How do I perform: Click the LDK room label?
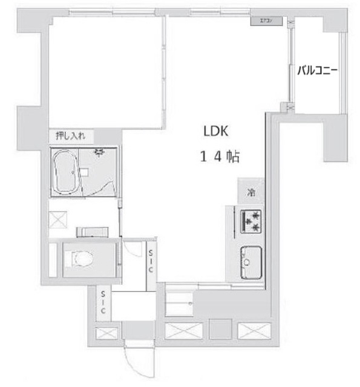point(214,131)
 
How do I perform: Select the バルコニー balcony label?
point(316,70)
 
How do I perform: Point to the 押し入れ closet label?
point(71,135)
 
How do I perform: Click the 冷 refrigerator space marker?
point(250,193)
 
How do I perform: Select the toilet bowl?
point(79,259)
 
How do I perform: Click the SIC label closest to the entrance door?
point(103,302)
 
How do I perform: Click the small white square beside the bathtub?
point(85,172)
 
